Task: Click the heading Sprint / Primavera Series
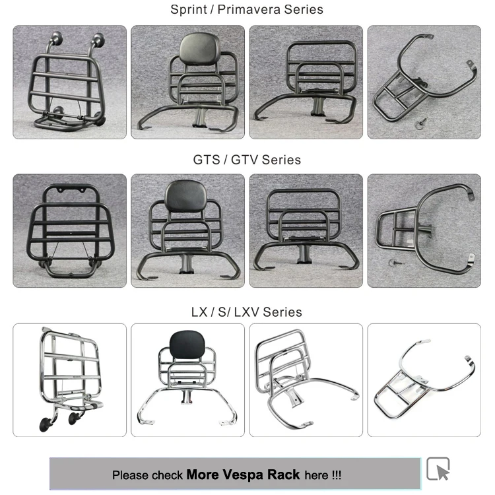[x=247, y=10]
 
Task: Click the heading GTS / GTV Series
[x=247, y=160]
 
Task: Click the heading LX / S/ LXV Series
[x=247, y=312]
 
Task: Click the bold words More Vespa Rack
[x=243, y=475]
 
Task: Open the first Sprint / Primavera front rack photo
[x=69, y=82]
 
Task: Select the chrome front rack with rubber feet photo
[x=69, y=379]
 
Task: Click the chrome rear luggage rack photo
[x=424, y=379]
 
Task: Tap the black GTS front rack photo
[x=69, y=230]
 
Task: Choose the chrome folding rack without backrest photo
[x=306, y=379]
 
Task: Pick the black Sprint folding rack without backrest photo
[x=306, y=82]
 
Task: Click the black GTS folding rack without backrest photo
[x=306, y=230]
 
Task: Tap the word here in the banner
[x=316, y=475]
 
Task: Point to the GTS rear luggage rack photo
[x=424, y=230]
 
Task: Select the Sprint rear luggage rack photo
[x=424, y=82]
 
